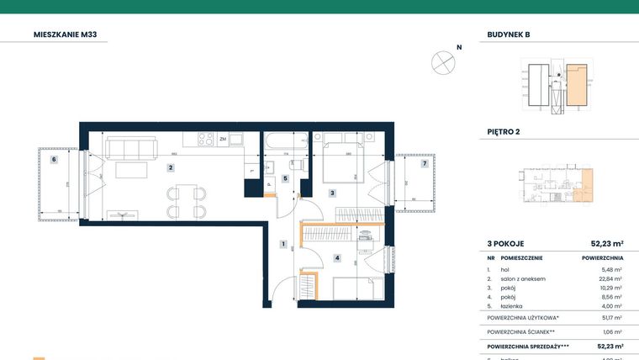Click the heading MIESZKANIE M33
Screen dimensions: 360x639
pyautogui.click(x=69, y=35)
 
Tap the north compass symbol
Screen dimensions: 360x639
pyautogui.click(x=443, y=61)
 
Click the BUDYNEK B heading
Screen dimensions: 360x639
pyautogui.click(x=509, y=35)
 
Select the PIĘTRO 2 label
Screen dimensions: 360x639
pyautogui.click(x=504, y=132)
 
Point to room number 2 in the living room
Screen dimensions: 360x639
pyautogui.click(x=171, y=167)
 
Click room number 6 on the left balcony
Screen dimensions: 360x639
pyautogui.click(x=53, y=159)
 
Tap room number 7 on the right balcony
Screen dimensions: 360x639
pyautogui.click(x=425, y=163)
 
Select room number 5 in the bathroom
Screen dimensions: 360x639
pyautogui.click(x=285, y=178)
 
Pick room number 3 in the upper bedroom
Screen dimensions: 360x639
pyautogui.click(x=332, y=193)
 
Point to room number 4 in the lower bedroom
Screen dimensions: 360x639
pyautogui.click(x=336, y=258)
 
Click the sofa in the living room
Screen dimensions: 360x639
pyautogui.click(x=130, y=149)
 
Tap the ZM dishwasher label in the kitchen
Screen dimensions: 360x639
pyautogui.click(x=223, y=139)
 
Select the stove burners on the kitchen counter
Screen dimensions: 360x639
pyautogui.click(x=204, y=139)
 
